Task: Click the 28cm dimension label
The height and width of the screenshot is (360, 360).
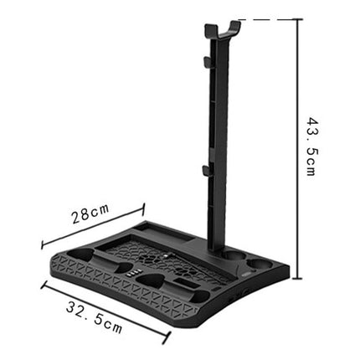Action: point(90,215)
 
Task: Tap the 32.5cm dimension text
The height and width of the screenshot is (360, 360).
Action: point(94,316)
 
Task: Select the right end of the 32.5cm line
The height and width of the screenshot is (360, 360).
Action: point(170,339)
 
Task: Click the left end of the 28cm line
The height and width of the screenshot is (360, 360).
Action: point(42,247)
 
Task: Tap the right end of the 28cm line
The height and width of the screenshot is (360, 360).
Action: point(144,204)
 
